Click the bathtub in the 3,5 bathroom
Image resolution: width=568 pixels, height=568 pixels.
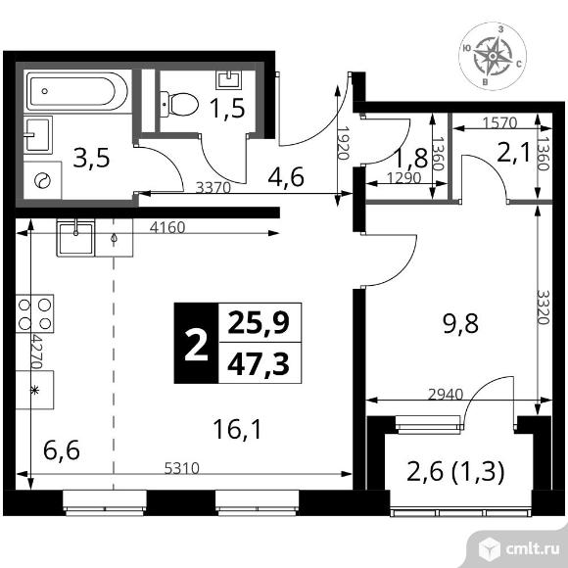(76, 91)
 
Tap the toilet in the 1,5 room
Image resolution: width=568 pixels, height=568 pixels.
(179, 105)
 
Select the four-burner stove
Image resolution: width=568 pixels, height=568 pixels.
(34, 313)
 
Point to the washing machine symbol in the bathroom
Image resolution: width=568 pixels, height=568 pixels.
(42, 180)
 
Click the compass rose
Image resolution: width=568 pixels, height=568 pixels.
(493, 56)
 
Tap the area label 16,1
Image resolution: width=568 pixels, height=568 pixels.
(237, 429)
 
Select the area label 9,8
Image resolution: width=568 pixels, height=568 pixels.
(461, 323)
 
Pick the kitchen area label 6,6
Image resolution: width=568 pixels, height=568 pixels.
(62, 450)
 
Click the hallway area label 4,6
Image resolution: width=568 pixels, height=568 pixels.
(286, 177)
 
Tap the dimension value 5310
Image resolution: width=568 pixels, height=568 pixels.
(182, 468)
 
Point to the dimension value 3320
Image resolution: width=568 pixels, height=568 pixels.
(544, 308)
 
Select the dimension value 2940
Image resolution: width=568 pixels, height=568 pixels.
(446, 394)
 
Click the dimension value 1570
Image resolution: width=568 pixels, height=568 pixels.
(499, 123)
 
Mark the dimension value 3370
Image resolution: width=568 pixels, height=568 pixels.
(213, 187)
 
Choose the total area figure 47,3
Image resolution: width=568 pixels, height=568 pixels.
(259, 364)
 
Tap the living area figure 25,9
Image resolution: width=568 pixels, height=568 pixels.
(259, 323)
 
